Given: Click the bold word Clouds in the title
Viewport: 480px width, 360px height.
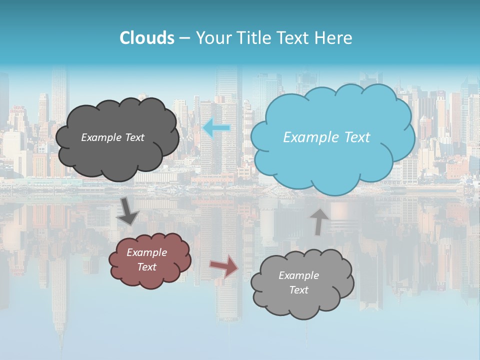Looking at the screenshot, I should (147, 38).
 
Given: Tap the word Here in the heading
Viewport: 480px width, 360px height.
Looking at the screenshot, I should (335, 38).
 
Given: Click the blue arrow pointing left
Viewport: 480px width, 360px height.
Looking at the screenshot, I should (216, 128).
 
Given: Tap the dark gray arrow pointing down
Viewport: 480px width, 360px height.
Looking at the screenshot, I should (128, 211).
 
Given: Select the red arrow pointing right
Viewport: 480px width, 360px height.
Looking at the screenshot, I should (224, 265).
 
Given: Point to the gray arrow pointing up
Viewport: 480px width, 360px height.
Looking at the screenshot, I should (318, 221).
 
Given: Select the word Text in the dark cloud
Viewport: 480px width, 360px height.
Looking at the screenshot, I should (134, 137).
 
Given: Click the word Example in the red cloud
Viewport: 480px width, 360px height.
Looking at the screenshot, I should (146, 252).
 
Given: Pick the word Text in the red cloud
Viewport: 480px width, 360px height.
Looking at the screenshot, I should (146, 267).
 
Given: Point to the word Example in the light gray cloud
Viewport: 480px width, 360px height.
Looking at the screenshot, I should (298, 275).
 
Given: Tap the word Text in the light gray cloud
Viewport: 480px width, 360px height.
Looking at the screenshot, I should (298, 290).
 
